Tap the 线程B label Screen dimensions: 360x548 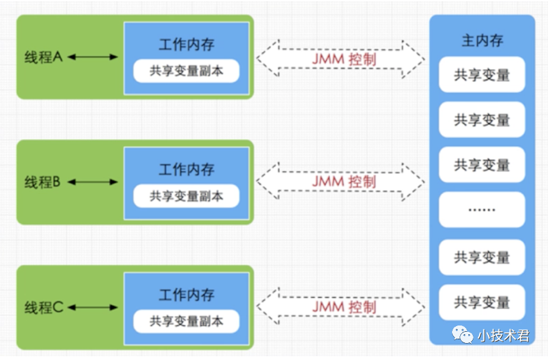tap(43, 182)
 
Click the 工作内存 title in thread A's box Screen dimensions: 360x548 tap(186, 45)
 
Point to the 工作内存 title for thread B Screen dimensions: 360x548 tap(186, 170)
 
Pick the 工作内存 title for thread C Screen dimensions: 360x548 tap(186, 295)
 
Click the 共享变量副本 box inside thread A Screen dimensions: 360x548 tap(186, 71)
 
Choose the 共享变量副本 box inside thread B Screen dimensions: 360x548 tap(186, 196)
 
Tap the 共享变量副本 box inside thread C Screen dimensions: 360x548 tap(186, 321)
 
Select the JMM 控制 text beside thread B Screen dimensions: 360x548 tap(344, 182)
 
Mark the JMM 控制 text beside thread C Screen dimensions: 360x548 tap(344, 307)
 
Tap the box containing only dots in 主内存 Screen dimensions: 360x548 tap(482, 209)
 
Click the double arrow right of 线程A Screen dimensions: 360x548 tap(93, 57)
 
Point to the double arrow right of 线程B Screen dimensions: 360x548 tap(93, 182)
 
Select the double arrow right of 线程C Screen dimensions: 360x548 tap(93, 307)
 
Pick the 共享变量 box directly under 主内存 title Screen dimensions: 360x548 tap(482, 75)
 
